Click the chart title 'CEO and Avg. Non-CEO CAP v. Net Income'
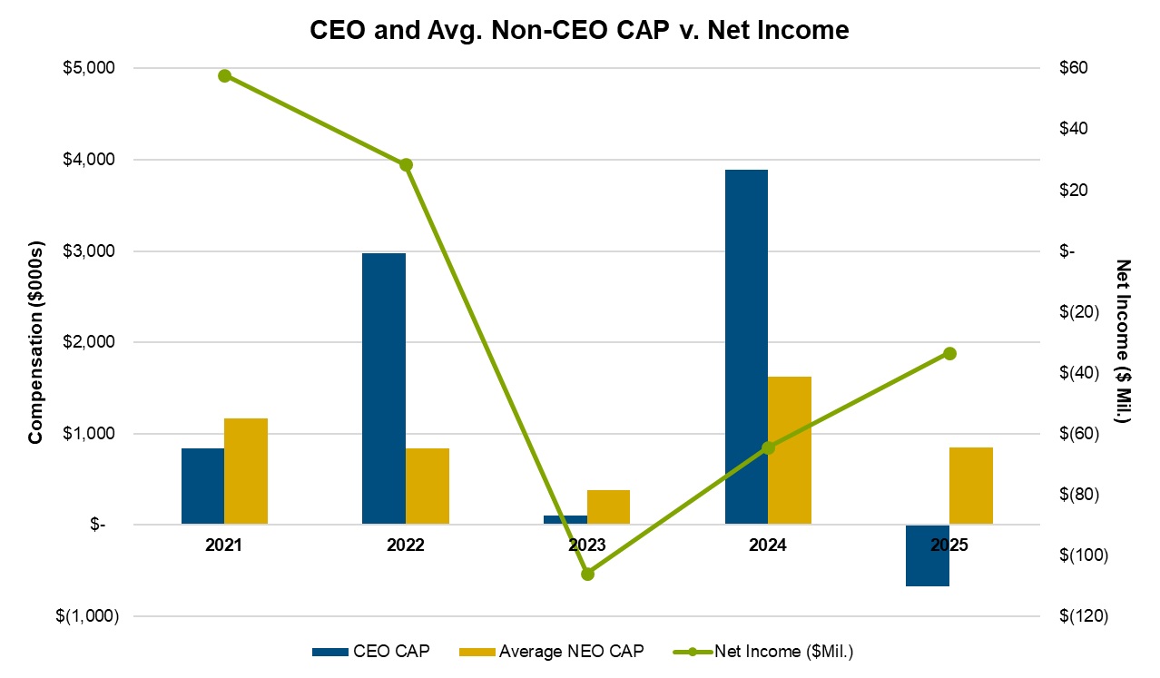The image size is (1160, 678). tap(579, 31)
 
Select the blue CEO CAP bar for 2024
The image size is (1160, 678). tap(746, 347)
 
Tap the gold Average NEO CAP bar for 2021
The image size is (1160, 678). tap(246, 471)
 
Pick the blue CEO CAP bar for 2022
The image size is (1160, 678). tap(383, 388)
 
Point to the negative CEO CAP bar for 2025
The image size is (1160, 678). tap(927, 555)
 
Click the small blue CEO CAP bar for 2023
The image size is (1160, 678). tap(565, 519)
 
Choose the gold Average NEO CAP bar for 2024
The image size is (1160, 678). tap(789, 450)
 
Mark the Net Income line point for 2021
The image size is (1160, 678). tap(224, 75)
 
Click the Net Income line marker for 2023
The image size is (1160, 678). tap(587, 574)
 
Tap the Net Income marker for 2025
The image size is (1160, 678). tap(949, 353)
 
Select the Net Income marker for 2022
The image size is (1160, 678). tap(406, 165)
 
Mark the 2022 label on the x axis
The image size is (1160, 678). tap(405, 545)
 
